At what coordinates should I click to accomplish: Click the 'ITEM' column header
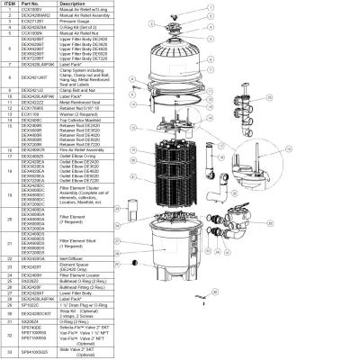[x=10, y=4]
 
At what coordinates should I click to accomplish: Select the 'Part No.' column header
[x=33, y=4]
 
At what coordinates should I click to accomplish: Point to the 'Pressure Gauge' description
[x=77, y=22]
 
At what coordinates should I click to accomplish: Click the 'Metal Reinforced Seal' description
[x=81, y=103]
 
